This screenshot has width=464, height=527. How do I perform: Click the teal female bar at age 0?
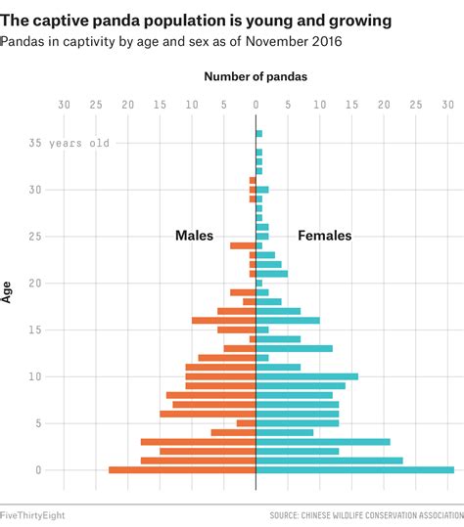coord(354,470)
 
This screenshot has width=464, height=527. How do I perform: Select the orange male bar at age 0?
coord(182,470)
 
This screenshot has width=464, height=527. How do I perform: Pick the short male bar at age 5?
coord(246,423)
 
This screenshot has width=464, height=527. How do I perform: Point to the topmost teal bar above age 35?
coord(258,133)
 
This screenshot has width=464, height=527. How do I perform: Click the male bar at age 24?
coord(243,245)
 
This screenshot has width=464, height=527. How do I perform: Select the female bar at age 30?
coord(261,190)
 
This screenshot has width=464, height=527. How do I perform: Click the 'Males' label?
coord(195,236)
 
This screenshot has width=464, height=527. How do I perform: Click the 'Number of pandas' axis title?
coord(255,76)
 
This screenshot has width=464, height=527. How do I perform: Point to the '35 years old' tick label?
coord(69,143)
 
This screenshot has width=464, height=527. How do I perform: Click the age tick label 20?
coord(37,284)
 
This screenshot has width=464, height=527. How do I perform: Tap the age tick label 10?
coord(37,376)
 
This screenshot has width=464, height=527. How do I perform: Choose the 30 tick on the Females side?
coord(447,104)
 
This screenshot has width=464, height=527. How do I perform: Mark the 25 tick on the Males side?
coord(96,104)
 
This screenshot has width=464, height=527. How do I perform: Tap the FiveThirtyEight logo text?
coord(33,514)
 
